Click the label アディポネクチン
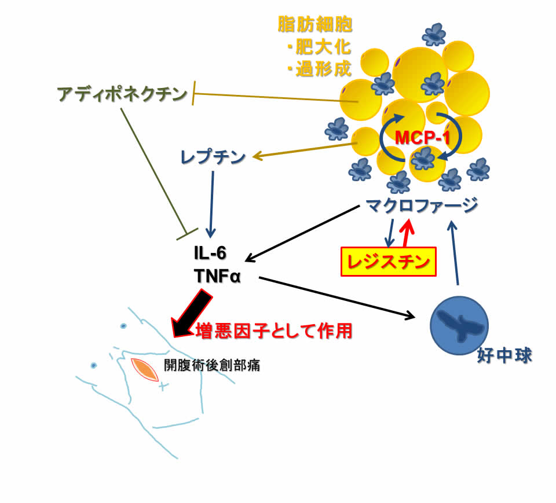123,94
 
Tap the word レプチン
213,157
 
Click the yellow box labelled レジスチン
388,262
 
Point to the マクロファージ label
422,205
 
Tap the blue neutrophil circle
458,325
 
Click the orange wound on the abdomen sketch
145,370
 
